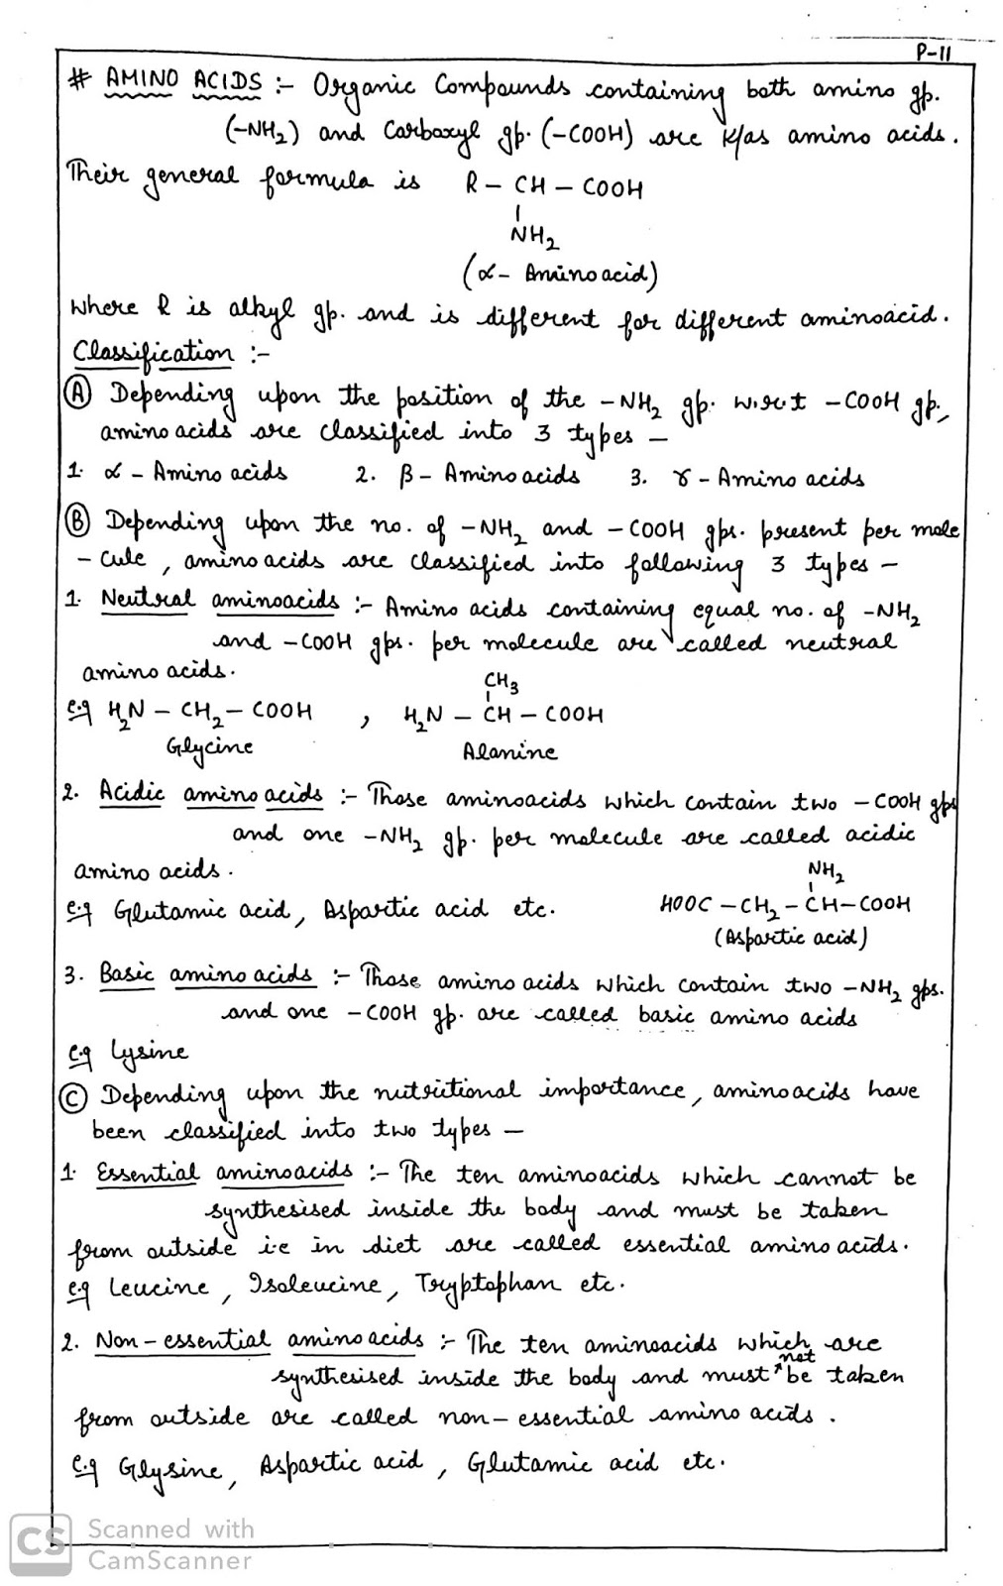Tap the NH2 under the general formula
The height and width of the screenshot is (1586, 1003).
[x=534, y=237]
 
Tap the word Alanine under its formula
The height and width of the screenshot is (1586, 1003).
[x=509, y=751]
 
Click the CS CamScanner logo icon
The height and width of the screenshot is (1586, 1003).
[x=40, y=1543]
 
